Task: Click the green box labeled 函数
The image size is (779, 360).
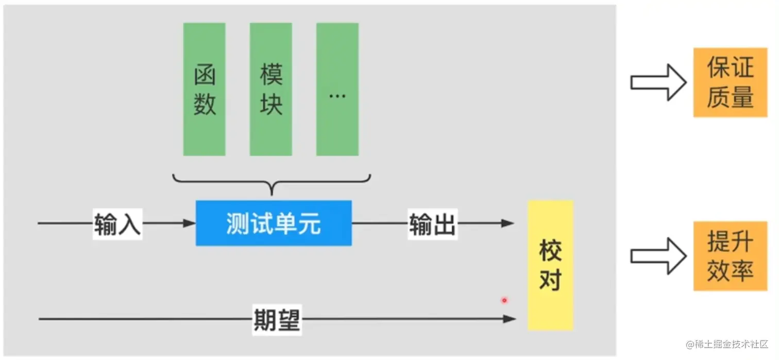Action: [204, 89]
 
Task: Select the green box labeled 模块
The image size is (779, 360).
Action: [270, 89]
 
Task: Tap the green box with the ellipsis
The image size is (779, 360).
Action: [337, 89]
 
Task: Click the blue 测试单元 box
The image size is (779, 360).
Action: [274, 223]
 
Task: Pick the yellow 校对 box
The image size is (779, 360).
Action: [550, 265]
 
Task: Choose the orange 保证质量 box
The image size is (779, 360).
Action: [730, 82]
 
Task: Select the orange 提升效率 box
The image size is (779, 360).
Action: [730, 256]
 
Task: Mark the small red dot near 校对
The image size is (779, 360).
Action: [504, 300]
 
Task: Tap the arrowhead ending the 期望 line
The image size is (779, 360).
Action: [510, 319]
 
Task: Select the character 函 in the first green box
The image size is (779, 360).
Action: [204, 76]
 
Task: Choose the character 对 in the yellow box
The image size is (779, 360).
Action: [550, 280]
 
